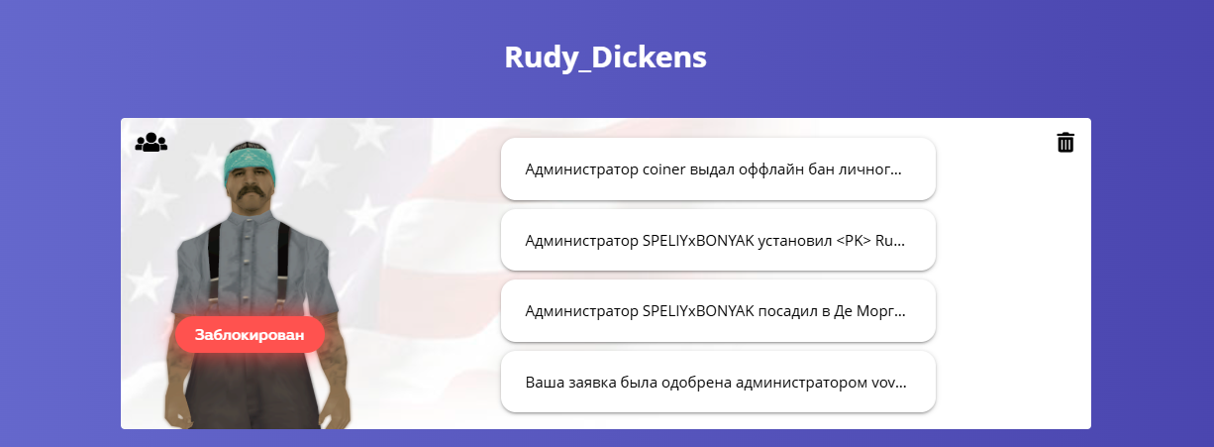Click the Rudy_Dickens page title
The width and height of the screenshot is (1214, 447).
click(605, 57)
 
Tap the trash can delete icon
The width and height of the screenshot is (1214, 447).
click(1064, 142)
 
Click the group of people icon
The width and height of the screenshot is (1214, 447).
click(151, 142)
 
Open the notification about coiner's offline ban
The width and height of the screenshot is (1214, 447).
click(718, 169)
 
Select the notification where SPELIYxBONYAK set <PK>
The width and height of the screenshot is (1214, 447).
click(718, 240)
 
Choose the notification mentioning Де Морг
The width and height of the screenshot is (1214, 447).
click(718, 311)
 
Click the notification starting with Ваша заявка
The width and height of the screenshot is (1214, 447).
click(718, 382)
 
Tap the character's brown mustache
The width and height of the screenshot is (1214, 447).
click(249, 192)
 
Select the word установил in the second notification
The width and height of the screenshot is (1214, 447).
click(794, 241)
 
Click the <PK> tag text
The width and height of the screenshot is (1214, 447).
click(854, 241)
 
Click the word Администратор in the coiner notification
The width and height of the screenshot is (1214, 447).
click(581, 169)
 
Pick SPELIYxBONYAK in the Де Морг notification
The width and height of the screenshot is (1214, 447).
click(698, 311)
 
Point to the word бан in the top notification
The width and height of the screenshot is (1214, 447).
click(821, 169)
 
